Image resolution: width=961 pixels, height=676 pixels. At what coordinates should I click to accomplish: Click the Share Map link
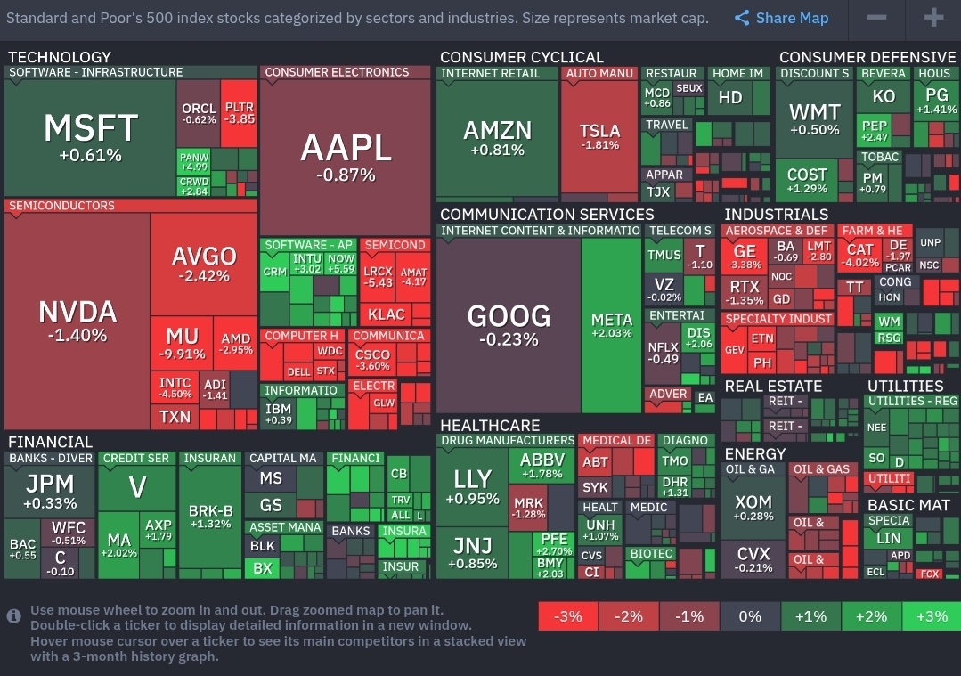782,18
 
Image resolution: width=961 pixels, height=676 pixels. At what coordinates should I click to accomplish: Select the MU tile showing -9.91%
182,343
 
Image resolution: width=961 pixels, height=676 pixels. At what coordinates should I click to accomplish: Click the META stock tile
611,325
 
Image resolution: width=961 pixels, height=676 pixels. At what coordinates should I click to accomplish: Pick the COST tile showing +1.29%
807,180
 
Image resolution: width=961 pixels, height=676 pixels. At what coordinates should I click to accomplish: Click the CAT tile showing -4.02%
860,256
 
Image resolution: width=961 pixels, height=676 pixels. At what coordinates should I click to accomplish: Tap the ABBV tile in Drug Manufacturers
542,466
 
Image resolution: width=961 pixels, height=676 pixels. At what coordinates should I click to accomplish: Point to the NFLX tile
663,353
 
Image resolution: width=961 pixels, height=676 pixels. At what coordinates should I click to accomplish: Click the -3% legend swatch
567,616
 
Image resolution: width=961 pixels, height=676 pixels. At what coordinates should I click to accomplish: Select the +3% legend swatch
931,616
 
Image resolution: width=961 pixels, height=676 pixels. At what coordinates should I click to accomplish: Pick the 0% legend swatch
750,616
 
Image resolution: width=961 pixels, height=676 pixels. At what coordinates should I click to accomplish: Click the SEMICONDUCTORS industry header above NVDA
62,206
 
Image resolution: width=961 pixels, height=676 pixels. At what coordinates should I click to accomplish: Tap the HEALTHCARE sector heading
490,426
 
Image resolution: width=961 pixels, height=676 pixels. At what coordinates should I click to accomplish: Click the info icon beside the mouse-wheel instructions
14,616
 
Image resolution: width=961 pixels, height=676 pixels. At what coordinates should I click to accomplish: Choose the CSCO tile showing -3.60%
372,360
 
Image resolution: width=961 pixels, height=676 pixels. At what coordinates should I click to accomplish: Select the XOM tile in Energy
753,508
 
